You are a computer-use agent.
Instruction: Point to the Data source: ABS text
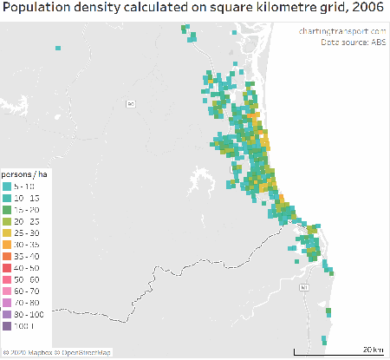pyautogui.click(x=353, y=41)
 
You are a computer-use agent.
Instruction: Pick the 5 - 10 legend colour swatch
pyautogui.click(x=7, y=187)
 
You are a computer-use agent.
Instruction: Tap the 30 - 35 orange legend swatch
pyautogui.click(x=7, y=245)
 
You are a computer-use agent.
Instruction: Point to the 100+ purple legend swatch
pyautogui.click(x=7, y=327)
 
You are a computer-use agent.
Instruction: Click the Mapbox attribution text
pyautogui.click(x=29, y=353)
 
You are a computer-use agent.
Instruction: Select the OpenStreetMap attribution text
pyautogui.click(x=86, y=353)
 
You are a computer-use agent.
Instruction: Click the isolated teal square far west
pyautogui.click(x=57, y=49)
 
